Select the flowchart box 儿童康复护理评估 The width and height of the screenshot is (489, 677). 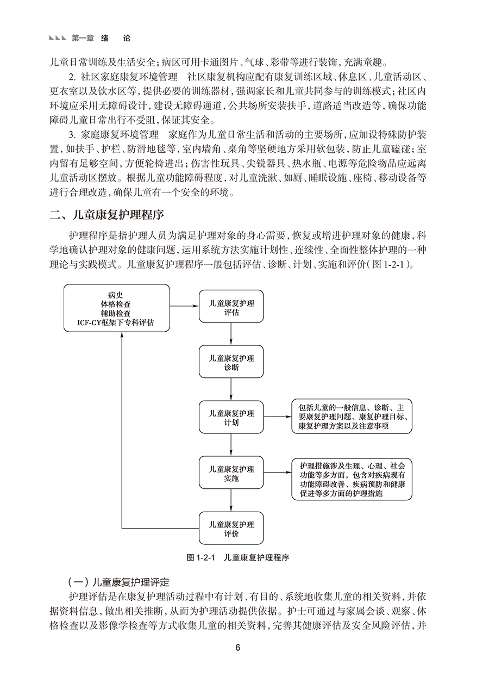(231, 306)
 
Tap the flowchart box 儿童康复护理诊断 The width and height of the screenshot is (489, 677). (231, 362)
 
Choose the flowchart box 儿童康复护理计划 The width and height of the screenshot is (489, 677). (231, 417)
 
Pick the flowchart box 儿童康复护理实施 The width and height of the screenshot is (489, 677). (231, 473)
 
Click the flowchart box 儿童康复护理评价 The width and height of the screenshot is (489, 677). (231, 528)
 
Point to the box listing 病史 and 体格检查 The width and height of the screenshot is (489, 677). (117, 308)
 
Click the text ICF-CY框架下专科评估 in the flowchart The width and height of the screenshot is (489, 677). (115, 323)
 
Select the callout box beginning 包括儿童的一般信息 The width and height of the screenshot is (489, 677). (352, 417)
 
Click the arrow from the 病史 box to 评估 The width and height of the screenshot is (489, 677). (184, 306)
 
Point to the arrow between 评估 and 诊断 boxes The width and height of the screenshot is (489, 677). (231, 334)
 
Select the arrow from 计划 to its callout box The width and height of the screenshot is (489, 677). (278, 417)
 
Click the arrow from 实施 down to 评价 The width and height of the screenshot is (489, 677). (231, 500)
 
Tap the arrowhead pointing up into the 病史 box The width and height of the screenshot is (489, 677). (122, 335)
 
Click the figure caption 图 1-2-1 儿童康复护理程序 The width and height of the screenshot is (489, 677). (238, 557)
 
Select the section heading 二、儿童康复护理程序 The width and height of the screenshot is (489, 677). (106, 215)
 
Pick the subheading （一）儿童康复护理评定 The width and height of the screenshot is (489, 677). (119, 582)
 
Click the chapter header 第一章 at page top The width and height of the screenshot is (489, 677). (83, 38)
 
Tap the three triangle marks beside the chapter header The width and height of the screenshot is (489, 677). (58, 39)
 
